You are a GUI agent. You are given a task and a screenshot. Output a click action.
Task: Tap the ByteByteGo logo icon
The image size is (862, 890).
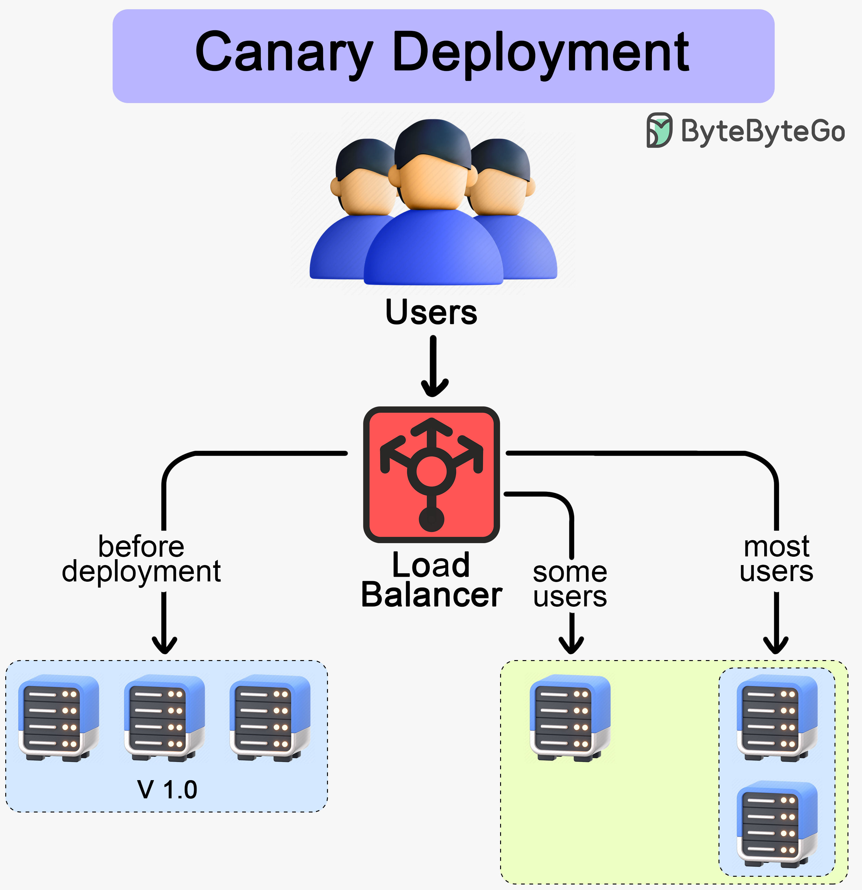coord(659,130)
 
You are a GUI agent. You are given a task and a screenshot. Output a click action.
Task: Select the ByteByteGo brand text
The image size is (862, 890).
coord(763,131)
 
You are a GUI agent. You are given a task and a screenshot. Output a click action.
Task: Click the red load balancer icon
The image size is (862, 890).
coord(431,475)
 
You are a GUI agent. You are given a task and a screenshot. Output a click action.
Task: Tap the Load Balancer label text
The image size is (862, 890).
coord(431,580)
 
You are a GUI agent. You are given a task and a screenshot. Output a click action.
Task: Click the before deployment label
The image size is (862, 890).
coord(141,559)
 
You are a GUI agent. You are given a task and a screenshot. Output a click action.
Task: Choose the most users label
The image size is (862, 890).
coord(776,559)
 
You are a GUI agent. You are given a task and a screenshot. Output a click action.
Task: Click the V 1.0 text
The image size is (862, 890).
coord(167,789)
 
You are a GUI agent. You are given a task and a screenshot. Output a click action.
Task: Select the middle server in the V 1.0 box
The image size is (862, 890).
coord(164,718)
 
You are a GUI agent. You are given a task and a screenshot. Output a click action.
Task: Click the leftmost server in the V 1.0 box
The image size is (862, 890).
coord(59,718)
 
